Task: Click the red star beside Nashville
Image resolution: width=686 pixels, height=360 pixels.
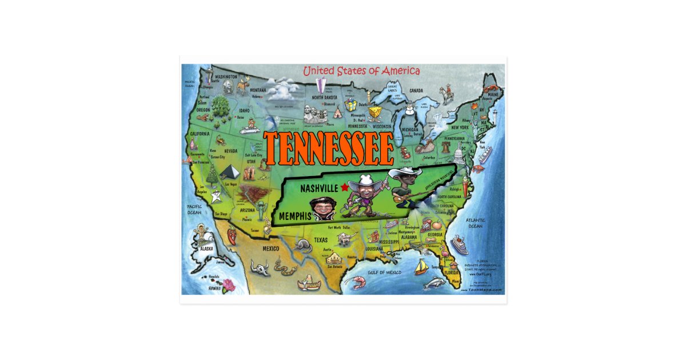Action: pyautogui.click(x=344, y=187)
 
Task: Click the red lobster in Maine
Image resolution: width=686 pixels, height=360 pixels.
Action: pyautogui.click(x=490, y=89)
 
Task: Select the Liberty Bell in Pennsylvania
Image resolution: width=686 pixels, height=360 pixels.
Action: pyautogui.click(x=445, y=146)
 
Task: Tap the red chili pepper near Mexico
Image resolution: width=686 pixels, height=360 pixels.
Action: pyautogui.click(x=230, y=235)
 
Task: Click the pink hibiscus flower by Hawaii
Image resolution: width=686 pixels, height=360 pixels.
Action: pyautogui.click(x=229, y=285)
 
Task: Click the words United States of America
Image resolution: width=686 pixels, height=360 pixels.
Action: pyautogui.click(x=361, y=71)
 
